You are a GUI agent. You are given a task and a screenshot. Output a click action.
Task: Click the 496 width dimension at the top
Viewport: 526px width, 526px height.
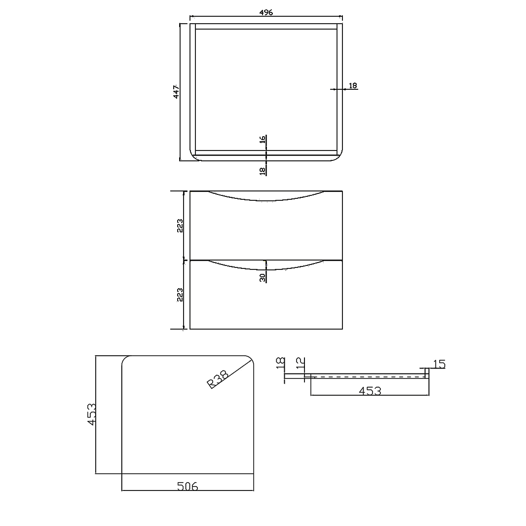(266, 12)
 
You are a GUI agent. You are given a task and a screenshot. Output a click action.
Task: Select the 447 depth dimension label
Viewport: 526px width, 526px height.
(176, 92)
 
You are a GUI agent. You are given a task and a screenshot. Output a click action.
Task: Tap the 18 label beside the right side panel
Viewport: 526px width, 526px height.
(353, 85)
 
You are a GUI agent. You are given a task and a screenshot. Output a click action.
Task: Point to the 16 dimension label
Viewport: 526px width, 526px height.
(263, 140)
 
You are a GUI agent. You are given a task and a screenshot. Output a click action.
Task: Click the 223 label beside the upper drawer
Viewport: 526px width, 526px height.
(180, 225)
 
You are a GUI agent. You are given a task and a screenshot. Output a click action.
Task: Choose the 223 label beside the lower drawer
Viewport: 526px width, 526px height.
(180, 295)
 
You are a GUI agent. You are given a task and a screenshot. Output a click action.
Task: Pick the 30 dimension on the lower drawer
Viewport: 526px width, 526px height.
(263, 277)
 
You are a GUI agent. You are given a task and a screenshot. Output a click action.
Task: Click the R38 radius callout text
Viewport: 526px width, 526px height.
(218, 379)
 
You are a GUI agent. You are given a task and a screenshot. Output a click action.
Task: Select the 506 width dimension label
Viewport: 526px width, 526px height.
(187, 487)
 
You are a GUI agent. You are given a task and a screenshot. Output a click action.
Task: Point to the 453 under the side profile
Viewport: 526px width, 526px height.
(370, 391)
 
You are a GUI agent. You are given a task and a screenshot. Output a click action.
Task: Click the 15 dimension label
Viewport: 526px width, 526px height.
(439, 365)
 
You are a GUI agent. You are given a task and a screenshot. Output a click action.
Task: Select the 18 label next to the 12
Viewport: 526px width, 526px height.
(280, 364)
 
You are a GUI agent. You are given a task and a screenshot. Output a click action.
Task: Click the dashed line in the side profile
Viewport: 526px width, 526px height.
(368, 377)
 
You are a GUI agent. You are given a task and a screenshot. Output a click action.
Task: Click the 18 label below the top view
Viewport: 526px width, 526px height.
(263, 171)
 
